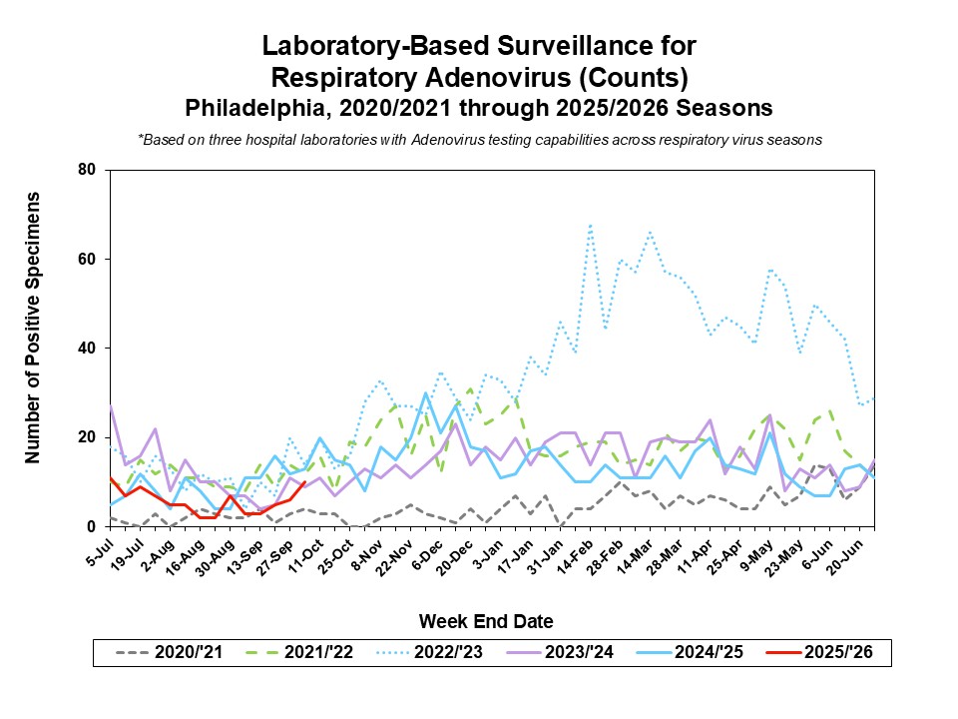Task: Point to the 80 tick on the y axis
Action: coord(87,170)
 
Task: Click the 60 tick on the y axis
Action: coord(87,260)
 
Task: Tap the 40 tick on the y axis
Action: coord(87,349)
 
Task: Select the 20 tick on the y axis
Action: coord(87,437)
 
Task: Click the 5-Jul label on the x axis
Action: coord(98,548)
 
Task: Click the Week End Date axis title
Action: coord(485,621)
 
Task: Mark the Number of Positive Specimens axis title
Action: coord(33,328)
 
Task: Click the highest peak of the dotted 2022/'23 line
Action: coord(590,226)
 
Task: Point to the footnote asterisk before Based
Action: coord(141,140)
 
